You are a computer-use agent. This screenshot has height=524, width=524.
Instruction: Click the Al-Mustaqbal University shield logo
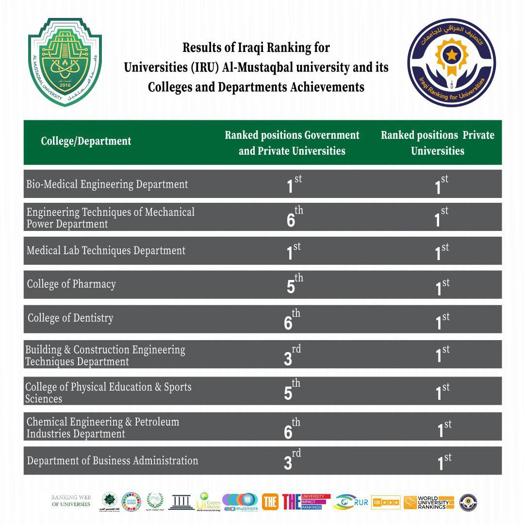click(65, 62)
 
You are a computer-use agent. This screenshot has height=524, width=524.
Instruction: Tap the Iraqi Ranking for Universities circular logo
click(451, 62)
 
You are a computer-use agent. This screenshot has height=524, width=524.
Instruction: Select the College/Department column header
click(86, 141)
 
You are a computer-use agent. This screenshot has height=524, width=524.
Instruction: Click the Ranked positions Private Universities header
click(437, 143)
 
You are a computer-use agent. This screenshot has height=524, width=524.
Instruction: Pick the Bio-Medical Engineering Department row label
click(107, 184)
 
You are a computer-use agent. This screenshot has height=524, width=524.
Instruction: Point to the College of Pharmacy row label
click(71, 284)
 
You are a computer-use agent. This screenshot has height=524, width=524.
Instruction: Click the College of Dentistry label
click(70, 318)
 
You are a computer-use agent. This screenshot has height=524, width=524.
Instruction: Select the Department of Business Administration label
click(113, 461)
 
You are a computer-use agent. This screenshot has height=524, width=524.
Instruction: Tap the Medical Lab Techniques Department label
click(106, 251)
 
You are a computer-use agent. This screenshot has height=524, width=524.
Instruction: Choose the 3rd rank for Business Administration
click(292, 461)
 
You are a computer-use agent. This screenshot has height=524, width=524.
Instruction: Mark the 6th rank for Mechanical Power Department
click(294, 218)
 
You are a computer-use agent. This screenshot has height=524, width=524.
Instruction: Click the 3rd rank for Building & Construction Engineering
click(292, 356)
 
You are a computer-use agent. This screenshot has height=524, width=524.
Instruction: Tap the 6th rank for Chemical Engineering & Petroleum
click(292, 429)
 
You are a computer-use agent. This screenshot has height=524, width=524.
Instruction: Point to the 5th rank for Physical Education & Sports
click(292, 391)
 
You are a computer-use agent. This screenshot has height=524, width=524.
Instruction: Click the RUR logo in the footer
click(351, 502)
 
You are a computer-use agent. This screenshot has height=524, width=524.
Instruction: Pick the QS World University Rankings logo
click(429, 502)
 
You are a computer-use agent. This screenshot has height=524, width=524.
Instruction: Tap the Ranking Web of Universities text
click(71, 501)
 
